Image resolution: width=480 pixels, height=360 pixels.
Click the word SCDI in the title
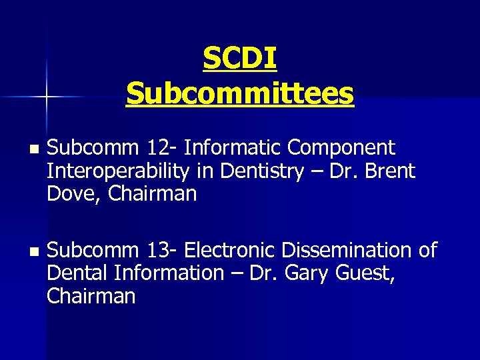point(240,59)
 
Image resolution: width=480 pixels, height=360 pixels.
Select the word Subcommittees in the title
point(240,93)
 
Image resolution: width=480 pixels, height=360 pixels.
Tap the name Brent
point(390,171)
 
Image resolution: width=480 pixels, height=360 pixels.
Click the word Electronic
point(231,251)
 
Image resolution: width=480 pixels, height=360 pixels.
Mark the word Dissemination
point(347,251)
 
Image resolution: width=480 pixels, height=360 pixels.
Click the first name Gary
point(312,273)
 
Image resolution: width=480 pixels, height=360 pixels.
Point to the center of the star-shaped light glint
point(46,97)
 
